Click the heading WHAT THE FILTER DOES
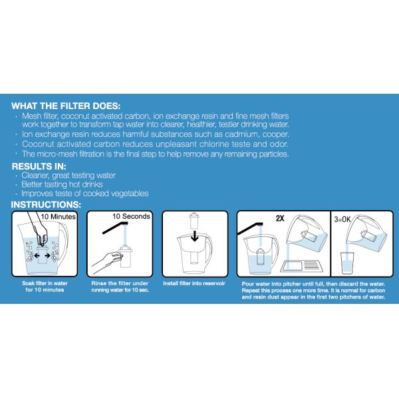[66, 106]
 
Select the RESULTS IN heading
[44, 166]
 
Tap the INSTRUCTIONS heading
[47, 204]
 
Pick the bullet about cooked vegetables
[84, 194]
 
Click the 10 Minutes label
[59, 216]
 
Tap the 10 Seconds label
[130, 216]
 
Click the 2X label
[280, 216]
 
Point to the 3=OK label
[346, 216]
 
